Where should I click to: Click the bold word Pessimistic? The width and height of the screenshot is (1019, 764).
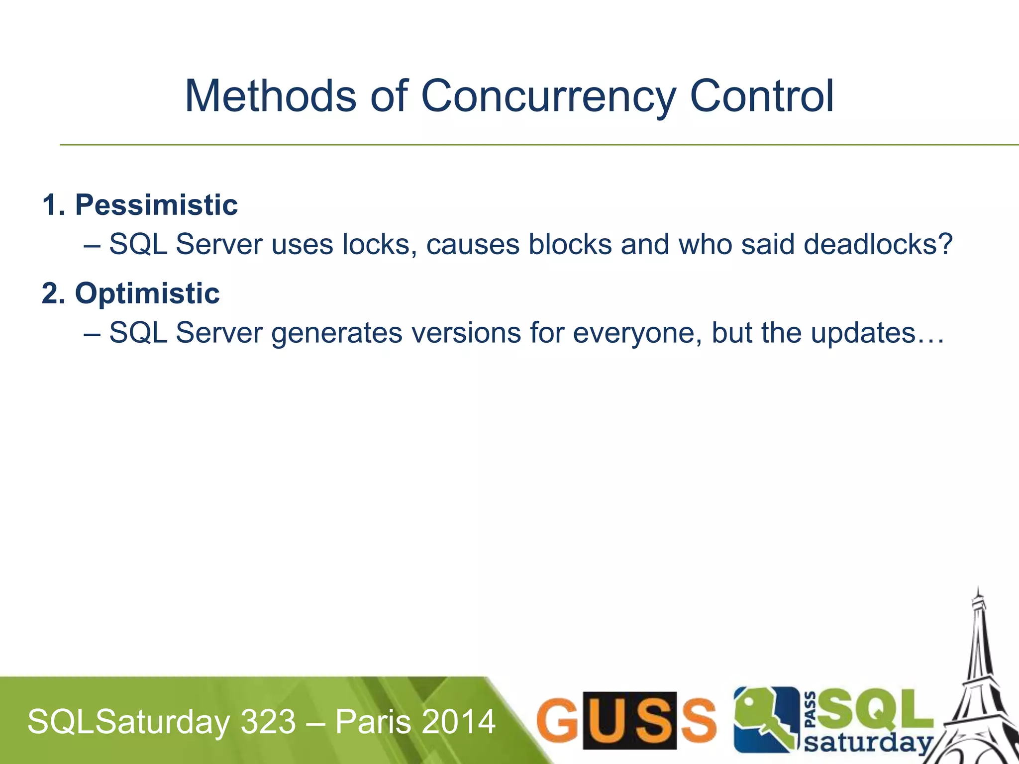(x=156, y=205)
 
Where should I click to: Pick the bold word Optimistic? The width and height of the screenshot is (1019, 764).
(x=147, y=293)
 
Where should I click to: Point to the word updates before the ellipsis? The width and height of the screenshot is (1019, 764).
(x=863, y=333)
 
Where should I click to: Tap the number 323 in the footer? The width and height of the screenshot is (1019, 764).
(x=268, y=722)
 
